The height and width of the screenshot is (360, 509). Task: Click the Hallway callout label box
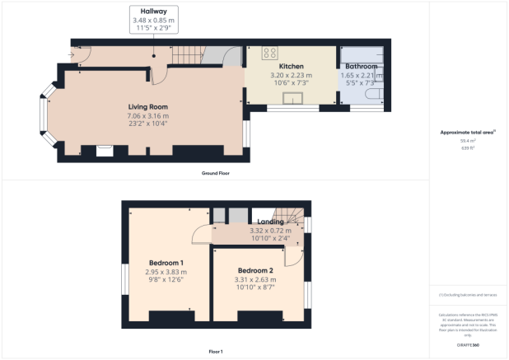(153, 20)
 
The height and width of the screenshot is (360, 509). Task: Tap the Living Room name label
(147, 107)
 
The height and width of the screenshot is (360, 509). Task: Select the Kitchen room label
(292, 66)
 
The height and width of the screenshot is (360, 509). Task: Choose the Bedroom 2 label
(255, 270)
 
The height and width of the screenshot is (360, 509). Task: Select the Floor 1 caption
(216, 352)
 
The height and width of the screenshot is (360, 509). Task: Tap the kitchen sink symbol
(292, 99)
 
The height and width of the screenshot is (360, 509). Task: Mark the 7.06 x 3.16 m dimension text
(147, 115)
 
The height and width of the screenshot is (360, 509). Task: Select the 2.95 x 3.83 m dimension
(166, 272)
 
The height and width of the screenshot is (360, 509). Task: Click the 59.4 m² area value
(473, 141)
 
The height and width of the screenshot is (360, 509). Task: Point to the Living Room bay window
(45, 118)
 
